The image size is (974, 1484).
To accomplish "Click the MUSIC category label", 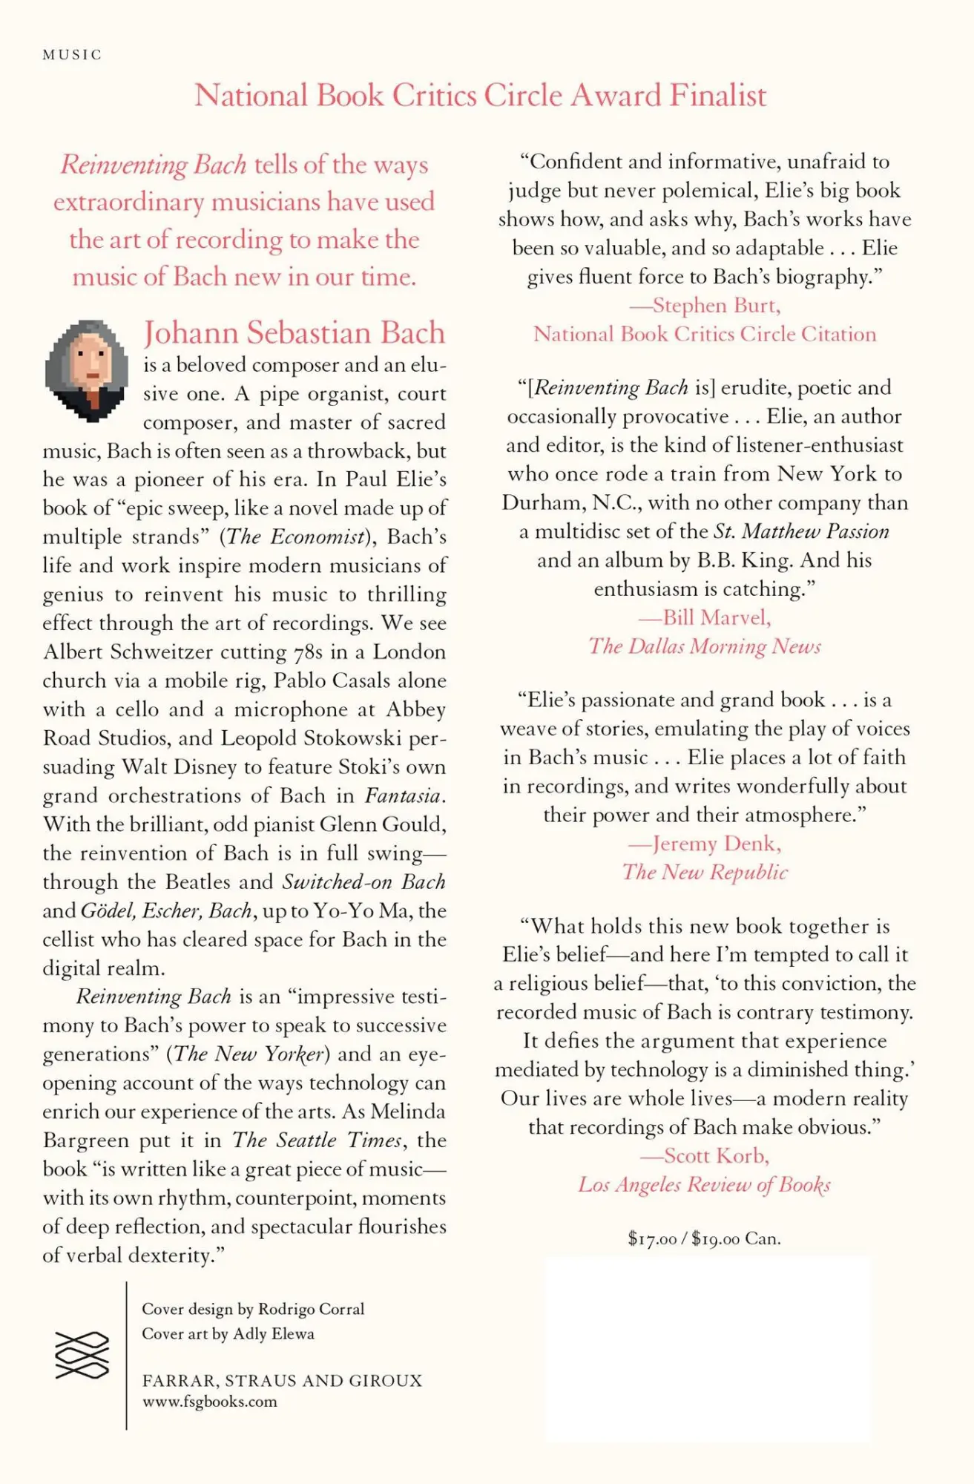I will point(72,55).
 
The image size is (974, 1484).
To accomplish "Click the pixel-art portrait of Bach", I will point(86,371).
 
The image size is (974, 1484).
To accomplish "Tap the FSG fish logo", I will point(82,1356).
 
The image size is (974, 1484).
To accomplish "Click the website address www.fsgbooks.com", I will point(209,1402).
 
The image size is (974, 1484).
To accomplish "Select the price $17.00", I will point(652,1238).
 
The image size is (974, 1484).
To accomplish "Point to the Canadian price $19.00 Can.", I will point(736,1238).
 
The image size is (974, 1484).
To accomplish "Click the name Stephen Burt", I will point(715,305).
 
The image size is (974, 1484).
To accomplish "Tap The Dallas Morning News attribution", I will point(705,646).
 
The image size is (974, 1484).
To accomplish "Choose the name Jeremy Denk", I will point(716,844).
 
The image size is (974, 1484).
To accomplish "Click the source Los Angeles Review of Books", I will point(704,1184).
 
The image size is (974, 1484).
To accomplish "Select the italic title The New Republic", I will point(705,872).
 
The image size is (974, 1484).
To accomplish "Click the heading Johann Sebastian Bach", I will point(294,332).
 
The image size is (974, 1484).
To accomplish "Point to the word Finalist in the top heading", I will point(717,96).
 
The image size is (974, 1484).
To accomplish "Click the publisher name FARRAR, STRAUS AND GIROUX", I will point(282,1380).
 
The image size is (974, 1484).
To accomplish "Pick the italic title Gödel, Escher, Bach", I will point(166,910).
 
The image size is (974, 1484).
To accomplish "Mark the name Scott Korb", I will point(716,1155).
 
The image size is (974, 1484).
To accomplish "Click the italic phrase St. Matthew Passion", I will point(801,531).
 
